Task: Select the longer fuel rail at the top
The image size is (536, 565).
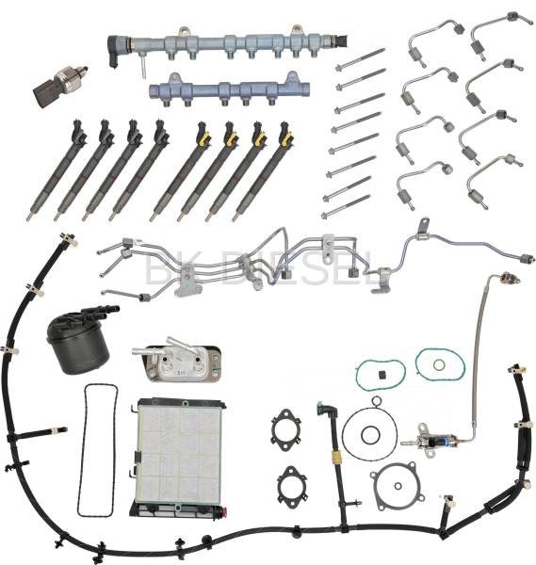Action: click(x=226, y=44)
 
